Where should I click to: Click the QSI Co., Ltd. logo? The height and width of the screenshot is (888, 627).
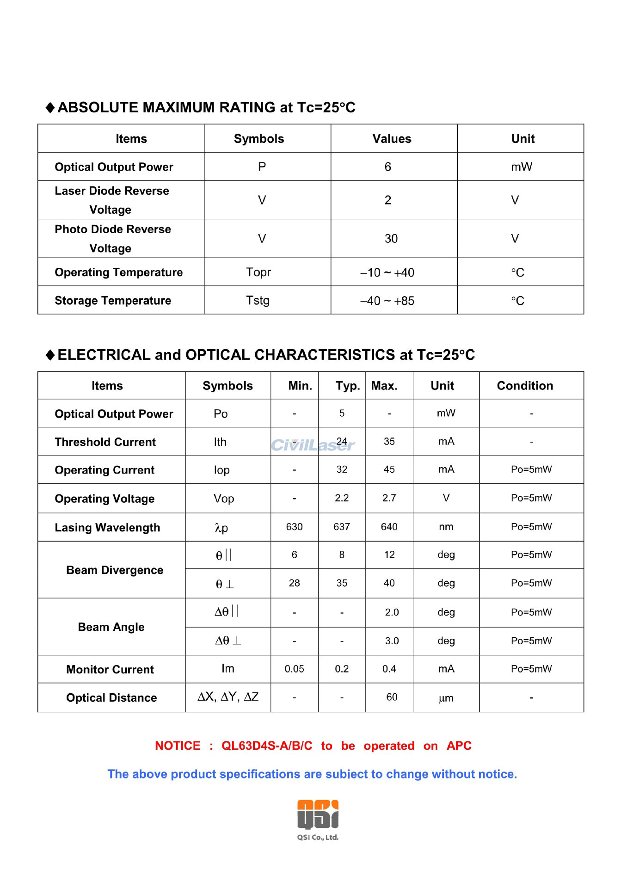318,819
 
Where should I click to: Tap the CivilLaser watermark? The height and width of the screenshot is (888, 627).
313,445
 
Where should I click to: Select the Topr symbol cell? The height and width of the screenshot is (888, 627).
258,272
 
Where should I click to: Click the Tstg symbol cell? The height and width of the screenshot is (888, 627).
258,301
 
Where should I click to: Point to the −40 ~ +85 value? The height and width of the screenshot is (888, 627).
387,301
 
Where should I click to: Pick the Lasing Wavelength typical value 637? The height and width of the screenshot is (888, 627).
342,527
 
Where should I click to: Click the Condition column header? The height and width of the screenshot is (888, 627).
525,386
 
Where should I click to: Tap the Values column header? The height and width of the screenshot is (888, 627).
392,139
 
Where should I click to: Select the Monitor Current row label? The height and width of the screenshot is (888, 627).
110,669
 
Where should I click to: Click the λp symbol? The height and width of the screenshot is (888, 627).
221,528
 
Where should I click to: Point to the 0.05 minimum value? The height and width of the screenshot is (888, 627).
294,669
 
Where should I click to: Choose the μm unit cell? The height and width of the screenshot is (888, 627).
446,698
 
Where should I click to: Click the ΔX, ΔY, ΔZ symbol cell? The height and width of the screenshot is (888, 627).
228,697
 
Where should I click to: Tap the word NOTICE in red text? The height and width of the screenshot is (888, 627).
178,746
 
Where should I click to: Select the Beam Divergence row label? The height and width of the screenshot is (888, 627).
115,570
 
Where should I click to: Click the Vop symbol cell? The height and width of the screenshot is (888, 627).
224,499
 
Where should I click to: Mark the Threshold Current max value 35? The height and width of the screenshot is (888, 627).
389,442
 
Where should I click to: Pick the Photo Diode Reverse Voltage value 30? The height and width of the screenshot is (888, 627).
391,239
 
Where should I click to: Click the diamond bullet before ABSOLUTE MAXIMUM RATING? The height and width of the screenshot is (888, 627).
50,108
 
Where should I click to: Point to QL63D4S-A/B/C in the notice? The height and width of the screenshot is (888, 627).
267,746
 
